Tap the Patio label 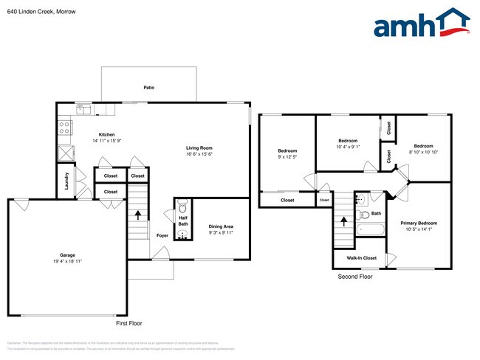click(x=149, y=87)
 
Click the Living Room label click(x=199, y=148)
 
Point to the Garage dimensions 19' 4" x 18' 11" click(x=67, y=261)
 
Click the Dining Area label click(x=221, y=226)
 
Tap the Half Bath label click(x=182, y=221)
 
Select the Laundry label click(x=66, y=181)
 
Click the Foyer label click(x=162, y=235)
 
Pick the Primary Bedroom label click(x=419, y=223)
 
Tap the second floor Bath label click(x=376, y=214)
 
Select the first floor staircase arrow click(x=137, y=216)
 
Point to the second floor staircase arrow click(x=343, y=221)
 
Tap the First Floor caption click(x=128, y=323)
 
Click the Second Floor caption click(x=356, y=277)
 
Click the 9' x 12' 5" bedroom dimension click(x=287, y=156)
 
